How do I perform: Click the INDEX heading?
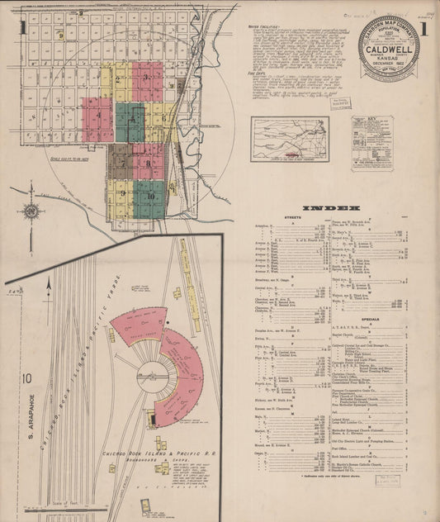coord(331,208)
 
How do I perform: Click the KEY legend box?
coord(371,142)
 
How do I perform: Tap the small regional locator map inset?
coord(290,138)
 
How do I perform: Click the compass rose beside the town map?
coord(31,211)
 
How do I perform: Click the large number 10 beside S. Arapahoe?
coord(27,379)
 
